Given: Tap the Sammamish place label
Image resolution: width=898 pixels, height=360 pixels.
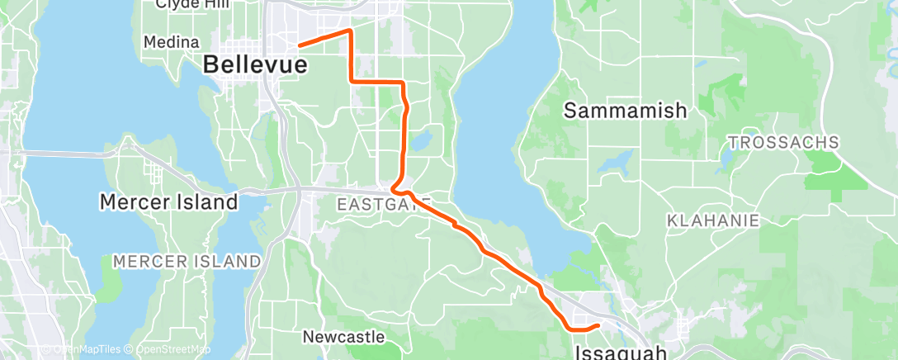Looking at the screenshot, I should (x=625, y=111).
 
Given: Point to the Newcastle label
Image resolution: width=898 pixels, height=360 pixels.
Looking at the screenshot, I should (x=343, y=337).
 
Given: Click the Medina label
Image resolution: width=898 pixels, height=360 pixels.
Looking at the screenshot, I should (x=171, y=41).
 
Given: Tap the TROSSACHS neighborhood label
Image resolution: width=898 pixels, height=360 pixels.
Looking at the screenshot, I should (x=782, y=142).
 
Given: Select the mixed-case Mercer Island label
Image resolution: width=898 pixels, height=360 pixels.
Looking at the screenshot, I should (x=168, y=201).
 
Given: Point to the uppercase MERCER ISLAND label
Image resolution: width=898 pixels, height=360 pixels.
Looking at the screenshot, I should (x=187, y=261).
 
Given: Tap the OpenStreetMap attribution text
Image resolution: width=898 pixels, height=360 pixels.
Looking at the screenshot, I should (x=170, y=350).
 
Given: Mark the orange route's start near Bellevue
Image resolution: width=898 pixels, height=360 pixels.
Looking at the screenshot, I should (x=299, y=45).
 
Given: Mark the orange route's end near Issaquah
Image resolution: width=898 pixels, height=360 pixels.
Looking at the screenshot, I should (x=597, y=325).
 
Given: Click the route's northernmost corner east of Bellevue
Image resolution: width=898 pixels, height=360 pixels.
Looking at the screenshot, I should (x=350, y=31).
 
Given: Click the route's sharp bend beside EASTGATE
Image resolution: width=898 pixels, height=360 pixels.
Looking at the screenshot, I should (x=394, y=189).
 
